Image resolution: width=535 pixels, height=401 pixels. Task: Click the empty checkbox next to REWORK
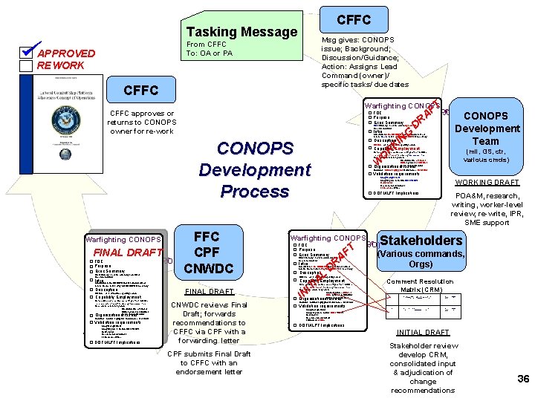pyautogui.click(x=27, y=65)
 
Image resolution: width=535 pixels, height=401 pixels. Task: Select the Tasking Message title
pyautogui.click(x=241, y=31)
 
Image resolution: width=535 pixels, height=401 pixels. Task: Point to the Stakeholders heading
pyautogui.click(x=421, y=240)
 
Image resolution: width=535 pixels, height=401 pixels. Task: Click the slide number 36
pyautogui.click(x=522, y=379)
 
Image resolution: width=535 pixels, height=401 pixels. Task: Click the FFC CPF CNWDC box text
pyautogui.click(x=206, y=252)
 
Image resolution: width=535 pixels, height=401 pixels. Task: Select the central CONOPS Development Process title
pyautogui.click(x=254, y=169)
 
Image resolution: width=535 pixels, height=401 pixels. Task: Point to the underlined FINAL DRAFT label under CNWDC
pyautogui.click(x=209, y=291)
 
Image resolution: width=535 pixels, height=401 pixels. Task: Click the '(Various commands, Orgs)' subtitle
pyautogui.click(x=421, y=258)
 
